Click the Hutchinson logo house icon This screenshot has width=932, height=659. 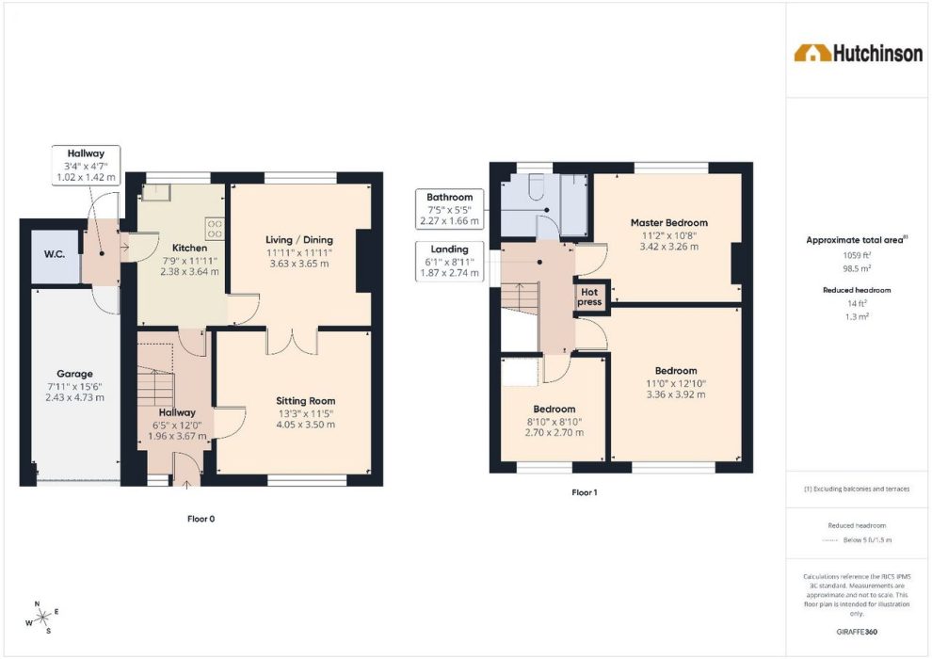[812, 53]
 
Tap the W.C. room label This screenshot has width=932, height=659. [55, 254]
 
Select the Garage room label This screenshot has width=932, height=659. [75, 374]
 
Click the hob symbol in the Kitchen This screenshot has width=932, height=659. [216, 229]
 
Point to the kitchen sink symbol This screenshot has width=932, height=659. [156, 192]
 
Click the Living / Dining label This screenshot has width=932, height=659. [299, 239]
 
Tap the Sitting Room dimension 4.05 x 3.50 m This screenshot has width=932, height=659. [306, 425]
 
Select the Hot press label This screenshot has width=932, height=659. [589, 297]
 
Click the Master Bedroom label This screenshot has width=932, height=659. [669, 223]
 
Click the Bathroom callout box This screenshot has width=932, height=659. [449, 209]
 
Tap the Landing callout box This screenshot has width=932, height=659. [449, 261]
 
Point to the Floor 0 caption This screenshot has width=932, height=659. [201, 519]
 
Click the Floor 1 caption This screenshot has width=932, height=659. [585, 492]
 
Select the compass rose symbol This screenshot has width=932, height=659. [42, 618]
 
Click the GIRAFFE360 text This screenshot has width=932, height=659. [857, 632]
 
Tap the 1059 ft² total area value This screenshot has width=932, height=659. [857, 255]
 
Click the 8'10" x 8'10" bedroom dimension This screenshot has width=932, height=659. [554, 422]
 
